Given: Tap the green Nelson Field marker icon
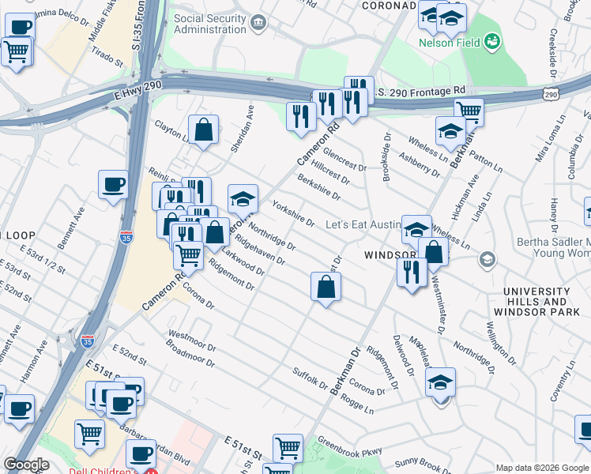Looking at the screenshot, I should click(492, 39).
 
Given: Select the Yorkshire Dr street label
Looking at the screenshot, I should click(293, 213).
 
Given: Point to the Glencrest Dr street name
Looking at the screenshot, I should click(344, 160).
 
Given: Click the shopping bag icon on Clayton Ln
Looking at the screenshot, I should click(203, 130).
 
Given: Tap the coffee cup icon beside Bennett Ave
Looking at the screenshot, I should click(114, 185).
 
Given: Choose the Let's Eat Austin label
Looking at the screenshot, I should click(363, 225).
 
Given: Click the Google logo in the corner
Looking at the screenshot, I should click(27, 465).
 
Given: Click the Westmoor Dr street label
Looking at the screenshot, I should click(192, 344).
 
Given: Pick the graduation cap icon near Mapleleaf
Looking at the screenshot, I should click(440, 382).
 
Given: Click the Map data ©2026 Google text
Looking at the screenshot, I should click(542, 468).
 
